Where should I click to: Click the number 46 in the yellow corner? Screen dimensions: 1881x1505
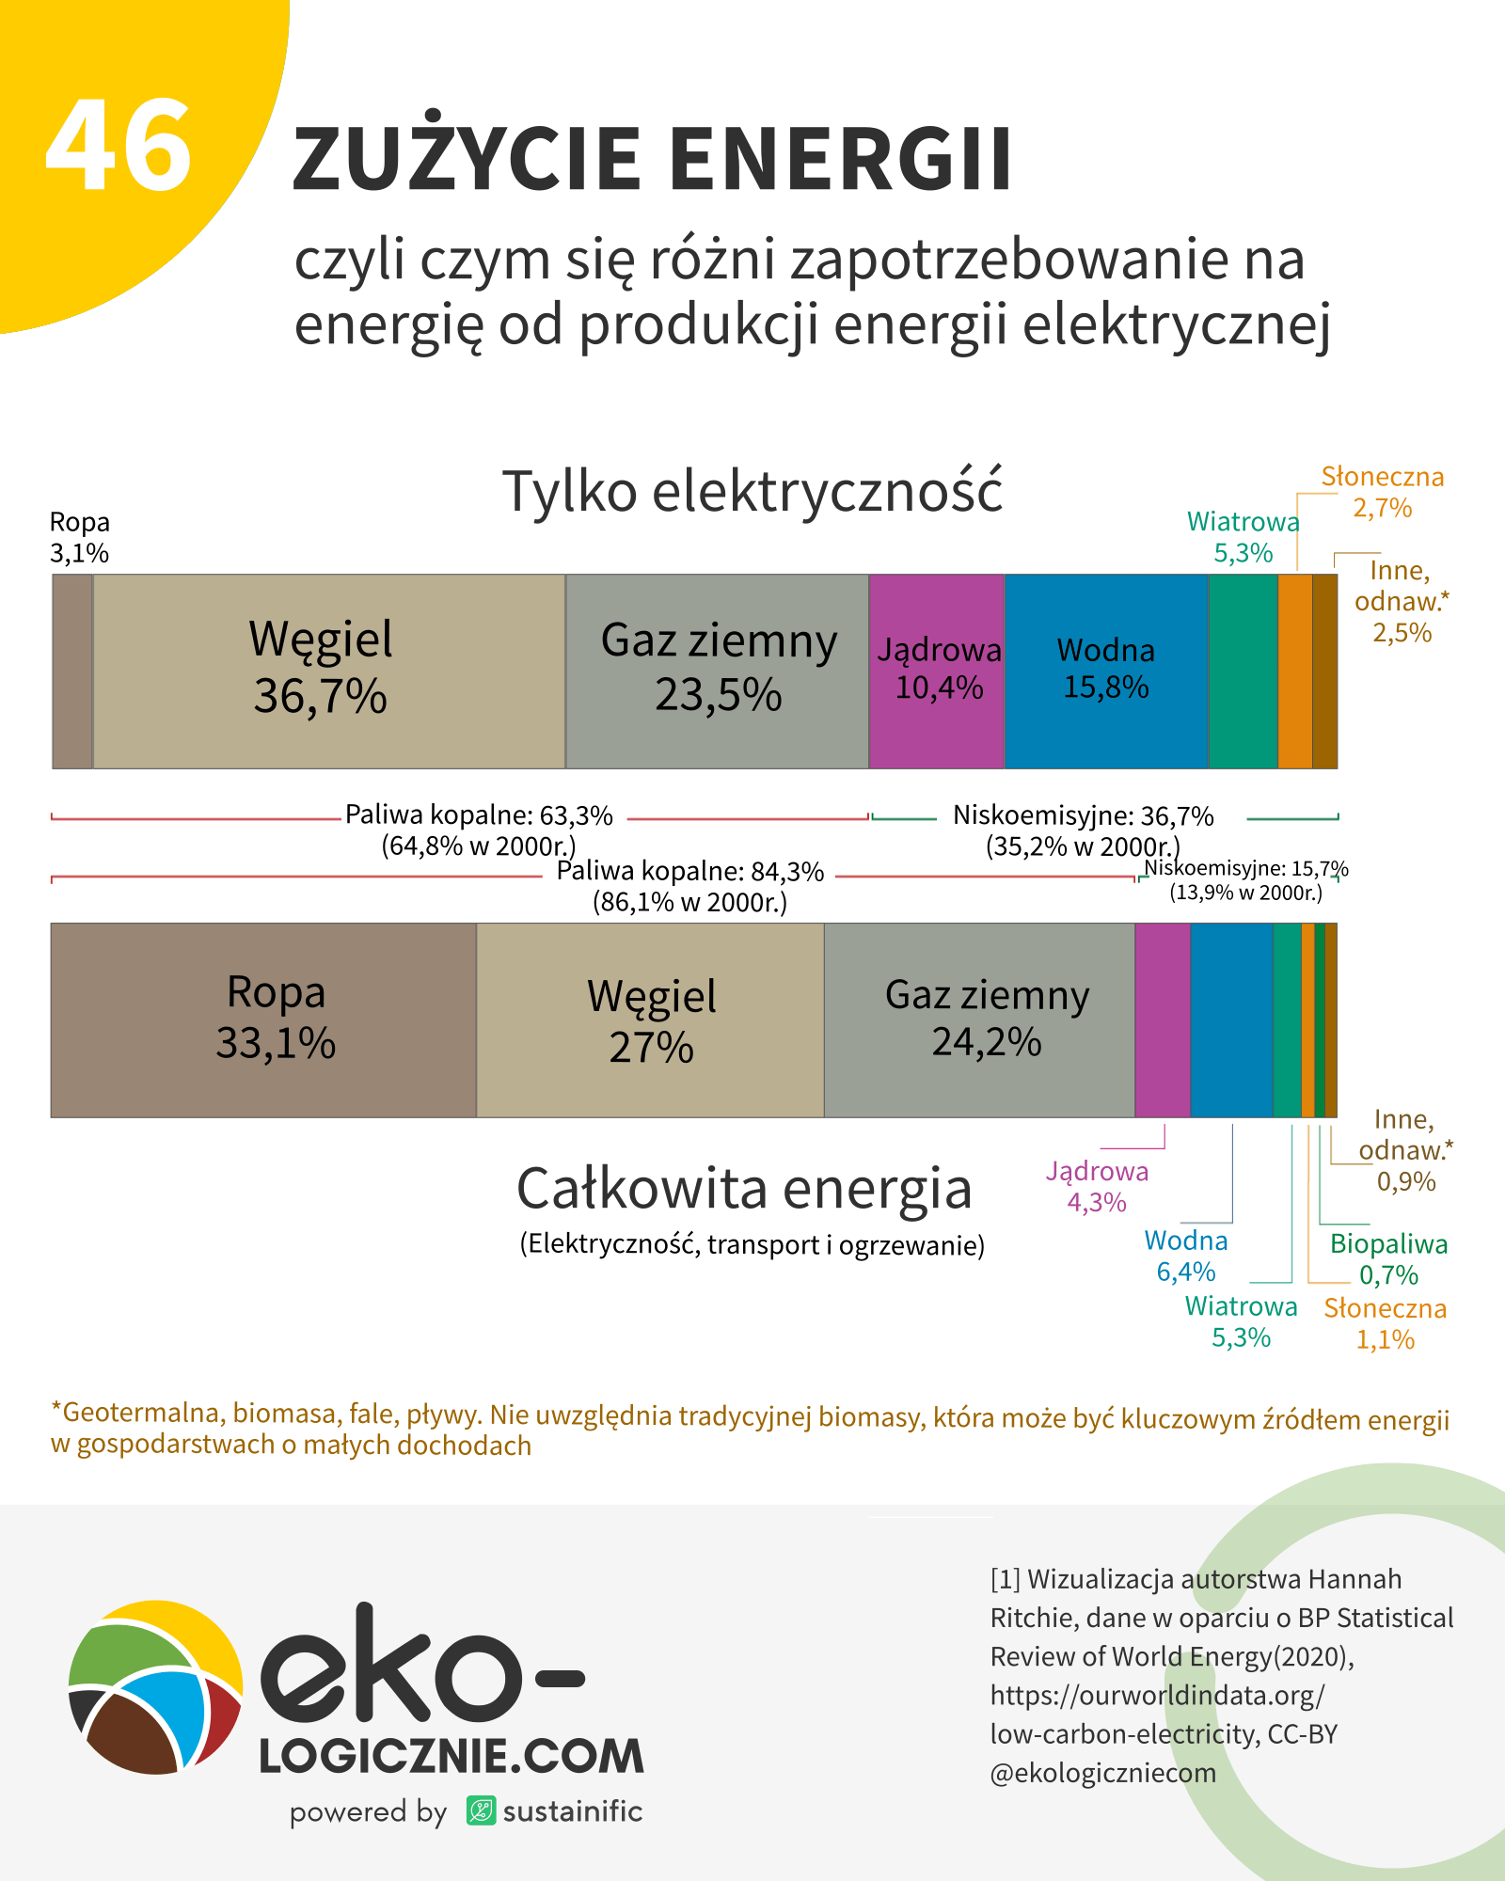(x=119, y=147)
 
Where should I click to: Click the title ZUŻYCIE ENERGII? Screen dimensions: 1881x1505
(x=652, y=158)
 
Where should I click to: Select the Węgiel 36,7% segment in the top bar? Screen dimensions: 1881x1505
(x=321, y=670)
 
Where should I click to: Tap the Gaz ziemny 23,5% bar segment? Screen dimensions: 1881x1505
(x=718, y=670)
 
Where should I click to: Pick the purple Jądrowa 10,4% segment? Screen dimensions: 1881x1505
(x=937, y=670)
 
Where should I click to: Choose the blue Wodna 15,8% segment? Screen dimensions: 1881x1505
(x=1106, y=670)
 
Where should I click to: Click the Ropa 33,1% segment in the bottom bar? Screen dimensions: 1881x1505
(x=275, y=1019)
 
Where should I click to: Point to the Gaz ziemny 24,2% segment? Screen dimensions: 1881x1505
(x=986, y=1019)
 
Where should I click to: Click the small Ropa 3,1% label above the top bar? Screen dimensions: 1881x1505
(x=79, y=538)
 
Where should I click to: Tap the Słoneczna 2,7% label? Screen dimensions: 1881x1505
(x=1382, y=493)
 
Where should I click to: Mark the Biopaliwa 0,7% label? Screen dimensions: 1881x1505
(x=1388, y=1259)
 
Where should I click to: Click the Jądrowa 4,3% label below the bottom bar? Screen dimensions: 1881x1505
(x=1097, y=1187)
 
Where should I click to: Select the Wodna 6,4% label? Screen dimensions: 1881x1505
(x=1186, y=1257)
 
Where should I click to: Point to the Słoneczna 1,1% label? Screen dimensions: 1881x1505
(x=1385, y=1323)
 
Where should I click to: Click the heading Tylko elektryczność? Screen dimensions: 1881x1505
(x=752, y=492)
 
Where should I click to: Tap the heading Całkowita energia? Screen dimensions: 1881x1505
(x=744, y=1188)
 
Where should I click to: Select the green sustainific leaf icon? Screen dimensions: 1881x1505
(x=481, y=1810)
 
